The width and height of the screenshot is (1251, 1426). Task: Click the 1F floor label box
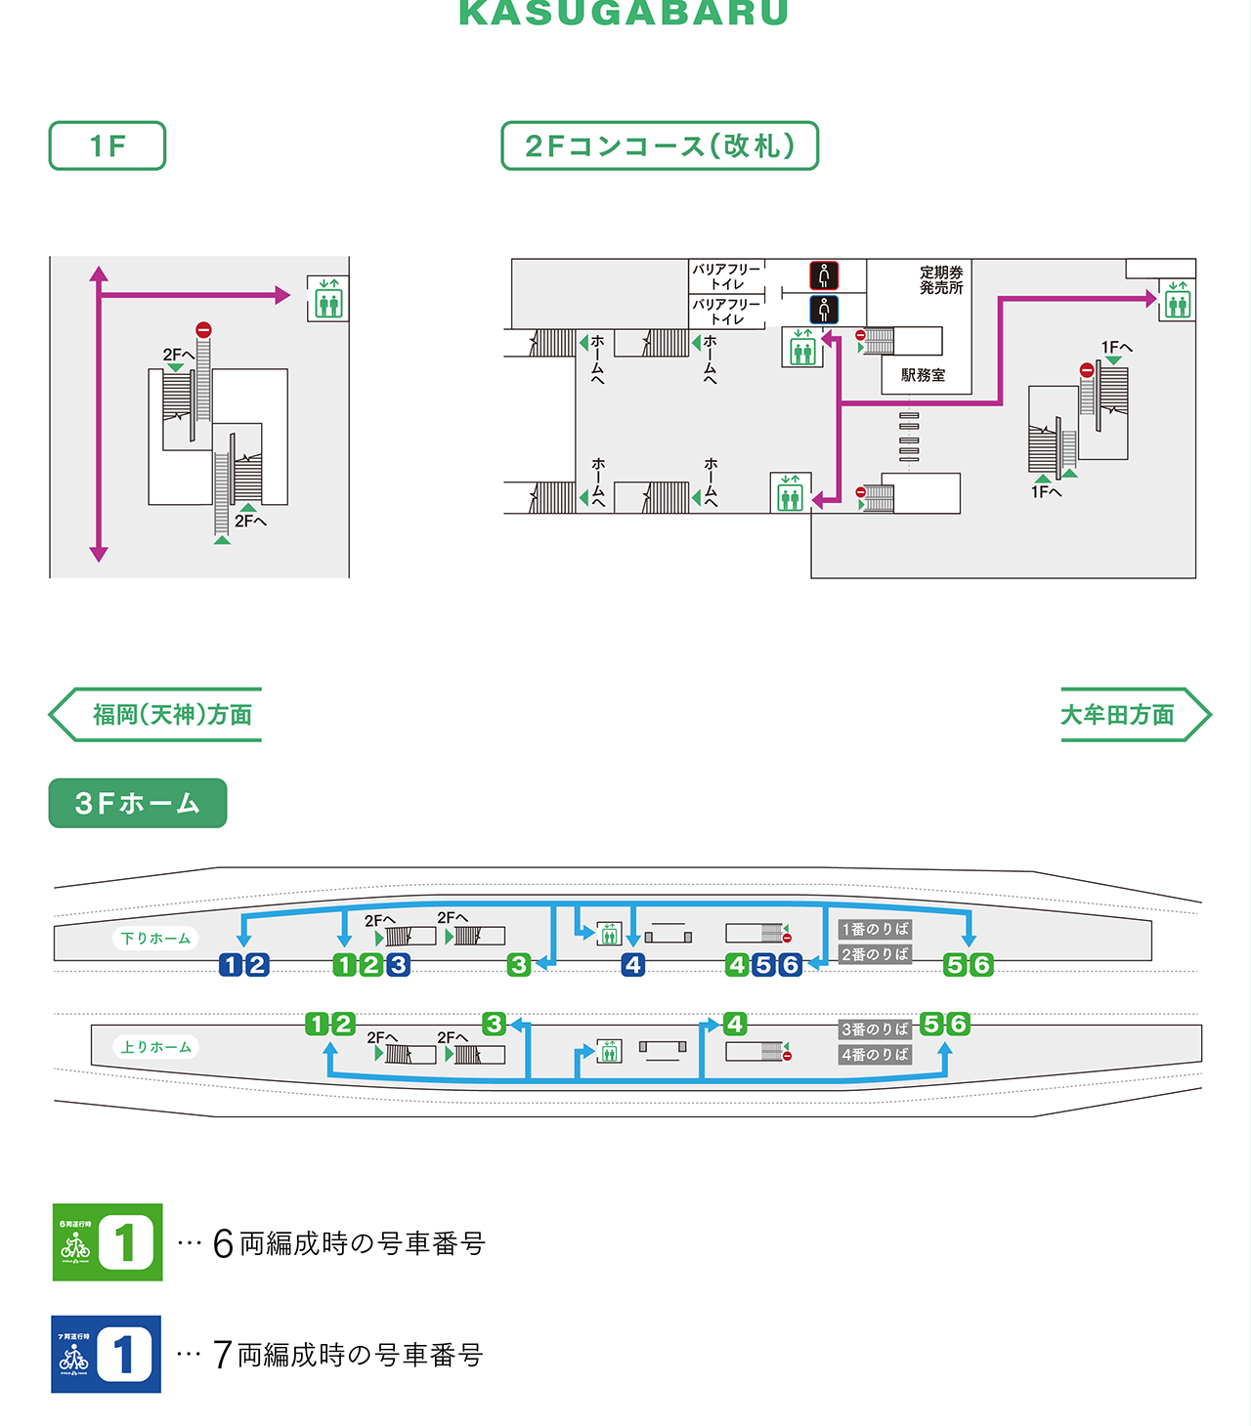point(108,146)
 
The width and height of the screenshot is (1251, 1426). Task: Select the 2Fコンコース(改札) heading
point(660,146)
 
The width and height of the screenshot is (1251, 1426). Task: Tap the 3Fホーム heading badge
point(138,803)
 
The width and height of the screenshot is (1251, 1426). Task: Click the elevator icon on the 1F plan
point(328,299)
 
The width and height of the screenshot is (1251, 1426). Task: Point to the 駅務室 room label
point(923,375)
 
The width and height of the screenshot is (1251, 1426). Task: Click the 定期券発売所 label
point(941,280)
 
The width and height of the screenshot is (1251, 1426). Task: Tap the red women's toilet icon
point(824,275)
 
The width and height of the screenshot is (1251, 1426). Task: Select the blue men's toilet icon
point(824,310)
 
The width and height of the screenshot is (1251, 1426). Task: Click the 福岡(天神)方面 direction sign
point(156,715)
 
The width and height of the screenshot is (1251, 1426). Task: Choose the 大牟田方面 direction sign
point(1134,715)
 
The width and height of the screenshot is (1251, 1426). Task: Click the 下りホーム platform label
point(156,939)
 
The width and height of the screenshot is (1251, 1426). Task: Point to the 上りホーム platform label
point(156,1047)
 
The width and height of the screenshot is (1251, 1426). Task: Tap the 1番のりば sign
point(875,929)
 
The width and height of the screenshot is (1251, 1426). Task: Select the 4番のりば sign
point(875,1055)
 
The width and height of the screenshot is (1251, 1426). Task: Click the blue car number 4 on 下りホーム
point(633,965)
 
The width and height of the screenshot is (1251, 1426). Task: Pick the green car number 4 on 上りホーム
point(735,1024)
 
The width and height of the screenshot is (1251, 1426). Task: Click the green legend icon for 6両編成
point(108,1242)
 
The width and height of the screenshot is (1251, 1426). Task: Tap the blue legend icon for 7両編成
point(106,1354)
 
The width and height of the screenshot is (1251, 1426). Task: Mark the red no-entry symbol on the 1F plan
point(203,330)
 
